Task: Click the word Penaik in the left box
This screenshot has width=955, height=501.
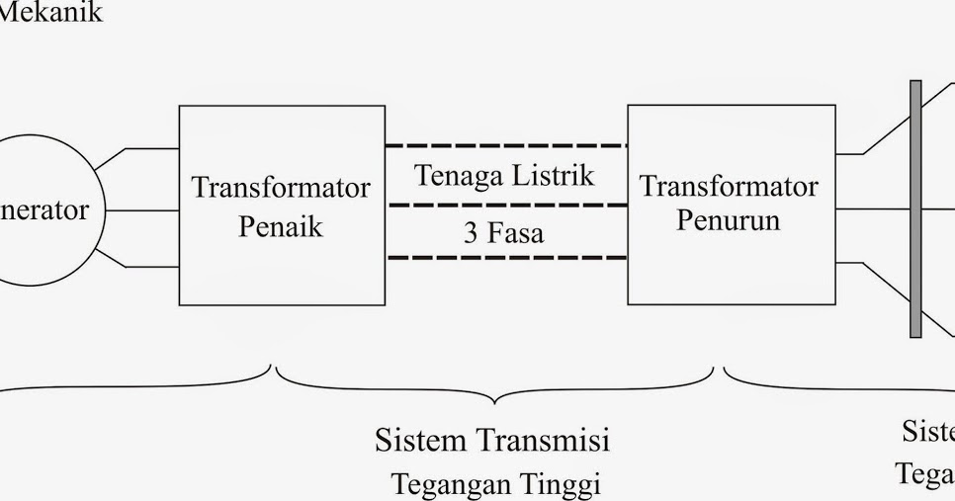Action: tap(281, 226)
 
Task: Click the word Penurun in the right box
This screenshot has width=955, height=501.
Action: tap(728, 219)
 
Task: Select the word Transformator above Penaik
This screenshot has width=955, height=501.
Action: tap(281, 188)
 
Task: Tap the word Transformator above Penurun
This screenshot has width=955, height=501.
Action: tap(729, 186)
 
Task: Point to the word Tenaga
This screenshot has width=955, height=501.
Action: tap(459, 176)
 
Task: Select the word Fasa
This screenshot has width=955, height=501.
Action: tap(515, 233)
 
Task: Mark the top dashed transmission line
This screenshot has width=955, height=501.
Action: tap(505, 146)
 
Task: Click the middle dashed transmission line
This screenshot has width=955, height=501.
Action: tap(505, 205)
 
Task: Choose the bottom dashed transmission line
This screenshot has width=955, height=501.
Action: tap(505, 258)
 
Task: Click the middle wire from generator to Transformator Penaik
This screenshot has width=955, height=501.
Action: tap(141, 209)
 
